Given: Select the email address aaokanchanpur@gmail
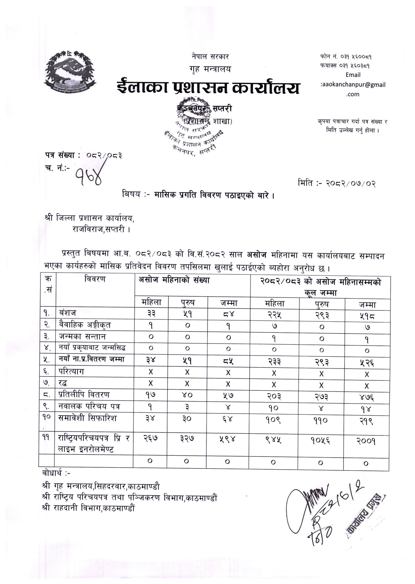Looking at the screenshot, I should [x=353, y=85].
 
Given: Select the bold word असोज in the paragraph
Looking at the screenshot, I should [x=256, y=255].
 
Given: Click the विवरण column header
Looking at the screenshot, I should [x=95, y=279].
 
